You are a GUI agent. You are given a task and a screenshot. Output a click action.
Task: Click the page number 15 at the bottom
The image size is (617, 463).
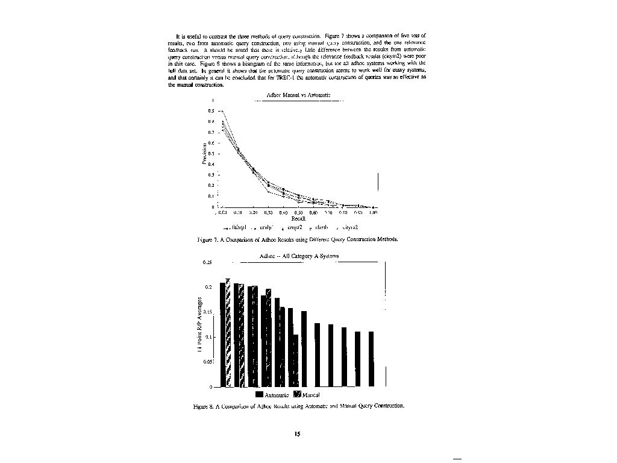(297, 433)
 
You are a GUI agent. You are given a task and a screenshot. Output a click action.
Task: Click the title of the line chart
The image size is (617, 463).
(297, 95)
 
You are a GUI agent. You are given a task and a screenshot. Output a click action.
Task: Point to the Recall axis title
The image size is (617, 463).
(298, 219)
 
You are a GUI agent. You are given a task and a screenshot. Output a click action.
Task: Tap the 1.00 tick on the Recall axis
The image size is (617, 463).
(374, 212)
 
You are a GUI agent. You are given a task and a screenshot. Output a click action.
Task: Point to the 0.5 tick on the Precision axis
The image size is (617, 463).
(211, 153)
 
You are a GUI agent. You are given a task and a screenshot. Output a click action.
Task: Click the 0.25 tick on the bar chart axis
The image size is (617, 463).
(207, 262)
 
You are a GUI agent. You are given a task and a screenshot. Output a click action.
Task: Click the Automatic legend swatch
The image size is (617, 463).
(260, 395)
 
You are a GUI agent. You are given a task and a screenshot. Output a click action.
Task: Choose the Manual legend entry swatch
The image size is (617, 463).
(297, 395)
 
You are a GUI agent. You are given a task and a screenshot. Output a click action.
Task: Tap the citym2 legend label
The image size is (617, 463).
(350, 227)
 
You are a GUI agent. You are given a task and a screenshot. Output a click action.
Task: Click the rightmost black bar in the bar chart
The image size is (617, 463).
(371, 359)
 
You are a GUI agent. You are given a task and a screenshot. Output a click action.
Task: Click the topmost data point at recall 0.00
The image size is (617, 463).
(222, 111)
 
